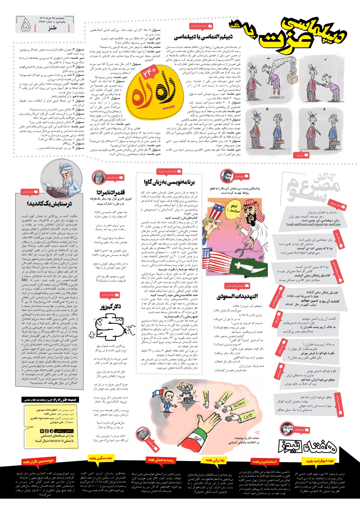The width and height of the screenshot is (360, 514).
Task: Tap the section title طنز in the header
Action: (x=52, y=28)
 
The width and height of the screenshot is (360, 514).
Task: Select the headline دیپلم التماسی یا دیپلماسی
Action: (x=203, y=37)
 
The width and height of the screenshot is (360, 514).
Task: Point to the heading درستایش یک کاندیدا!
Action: (x=49, y=204)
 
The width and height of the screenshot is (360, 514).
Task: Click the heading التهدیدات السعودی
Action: (x=237, y=297)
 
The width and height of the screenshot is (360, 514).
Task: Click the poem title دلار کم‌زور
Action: (x=110, y=307)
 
